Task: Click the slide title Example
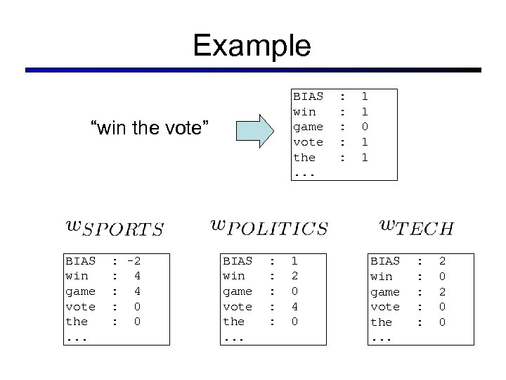pos(252,46)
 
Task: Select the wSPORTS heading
pos(115,228)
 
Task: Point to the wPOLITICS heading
pos(269,227)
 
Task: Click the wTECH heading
pos(417,227)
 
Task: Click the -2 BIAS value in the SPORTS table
pos(134,260)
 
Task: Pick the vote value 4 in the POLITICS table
pos(294,306)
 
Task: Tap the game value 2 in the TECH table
pos(442,291)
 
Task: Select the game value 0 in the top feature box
pos(365,127)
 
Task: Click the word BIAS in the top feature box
pos(309,96)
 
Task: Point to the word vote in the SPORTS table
pos(80,306)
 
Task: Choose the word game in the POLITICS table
pos(238,291)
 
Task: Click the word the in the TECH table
pos(382,322)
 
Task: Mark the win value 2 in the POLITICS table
pos(294,276)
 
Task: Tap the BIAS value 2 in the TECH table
pos(442,261)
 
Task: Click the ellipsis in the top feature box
pos(304,172)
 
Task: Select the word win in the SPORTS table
pos(77,276)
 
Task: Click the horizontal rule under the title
pos(253,70)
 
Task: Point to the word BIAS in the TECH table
pos(385,261)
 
